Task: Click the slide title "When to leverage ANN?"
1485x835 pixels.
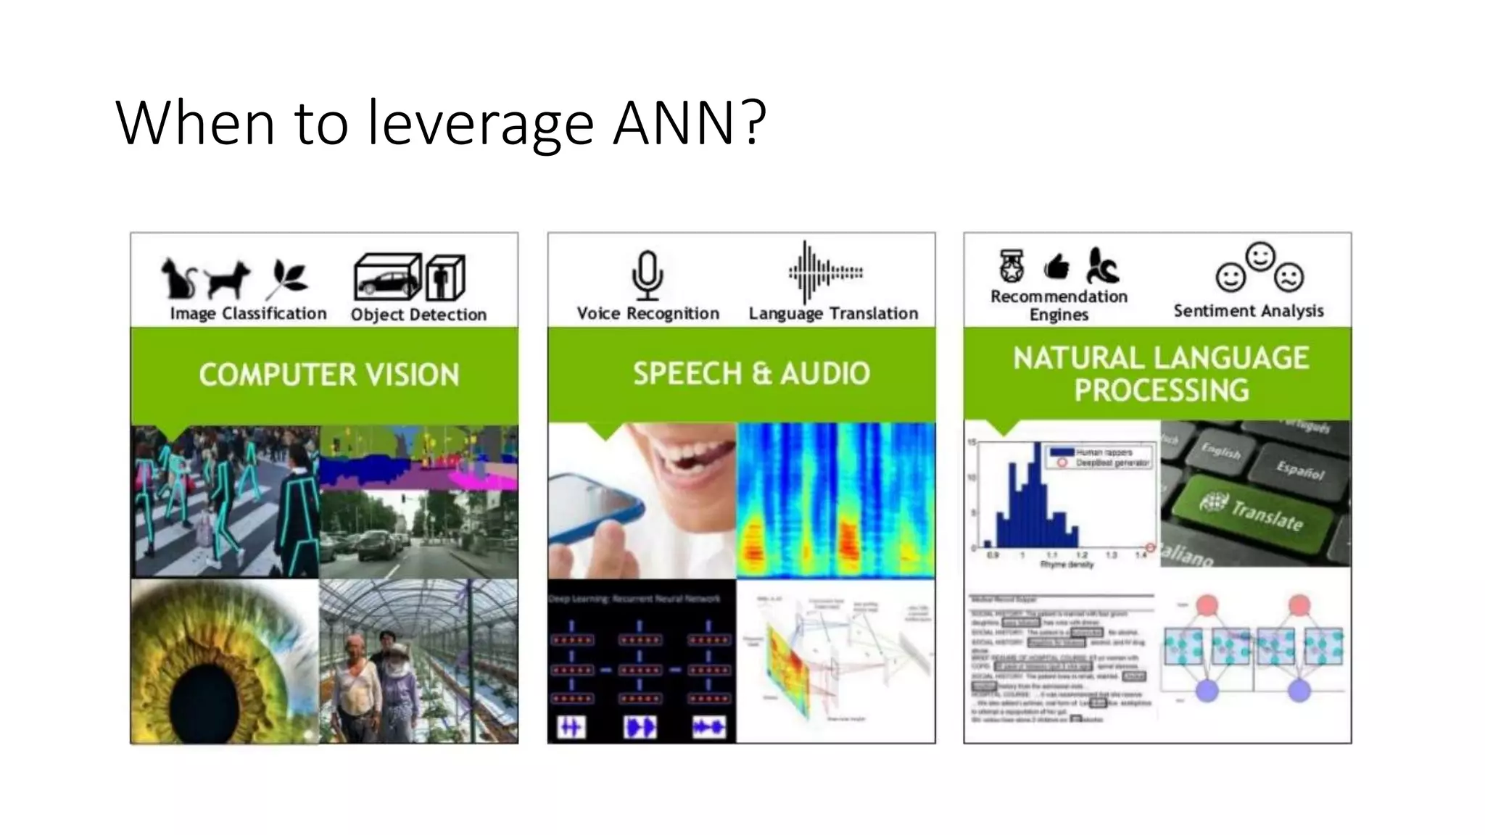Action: pyautogui.click(x=441, y=122)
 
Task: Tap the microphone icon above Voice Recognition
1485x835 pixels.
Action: pyautogui.click(x=647, y=275)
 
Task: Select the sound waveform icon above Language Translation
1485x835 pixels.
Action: pyautogui.click(x=825, y=273)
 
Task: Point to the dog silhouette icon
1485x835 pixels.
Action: pyautogui.click(x=227, y=280)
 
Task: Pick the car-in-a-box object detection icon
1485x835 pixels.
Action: pyautogui.click(x=386, y=277)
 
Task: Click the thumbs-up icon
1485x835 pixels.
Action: pyautogui.click(x=1056, y=267)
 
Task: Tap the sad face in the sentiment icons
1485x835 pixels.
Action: pyautogui.click(x=1288, y=277)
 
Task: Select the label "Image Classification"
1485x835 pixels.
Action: pyautogui.click(x=248, y=314)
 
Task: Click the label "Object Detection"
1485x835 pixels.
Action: pyautogui.click(x=418, y=315)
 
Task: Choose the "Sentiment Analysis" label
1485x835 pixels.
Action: pyautogui.click(x=1248, y=311)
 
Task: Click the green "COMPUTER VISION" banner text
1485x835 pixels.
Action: pyautogui.click(x=328, y=375)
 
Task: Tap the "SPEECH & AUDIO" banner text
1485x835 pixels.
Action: pyautogui.click(x=751, y=373)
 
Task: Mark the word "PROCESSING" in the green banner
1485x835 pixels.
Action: pyautogui.click(x=1161, y=391)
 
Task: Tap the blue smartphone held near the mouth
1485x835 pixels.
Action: pyautogui.click(x=595, y=507)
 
